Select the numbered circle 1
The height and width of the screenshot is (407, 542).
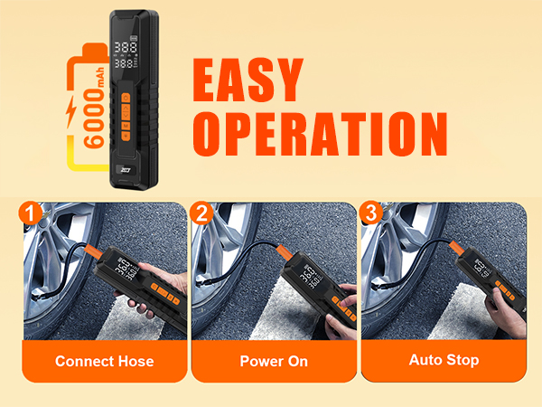coord(31,213)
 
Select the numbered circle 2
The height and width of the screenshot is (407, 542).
coord(201,213)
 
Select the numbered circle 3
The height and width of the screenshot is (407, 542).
coord(370,213)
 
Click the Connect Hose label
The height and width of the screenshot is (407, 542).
coord(104,361)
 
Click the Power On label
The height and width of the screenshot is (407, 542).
coord(274,361)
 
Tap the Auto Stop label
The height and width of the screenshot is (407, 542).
coord(443,360)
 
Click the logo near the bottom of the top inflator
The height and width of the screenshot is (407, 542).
coord(126,166)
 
